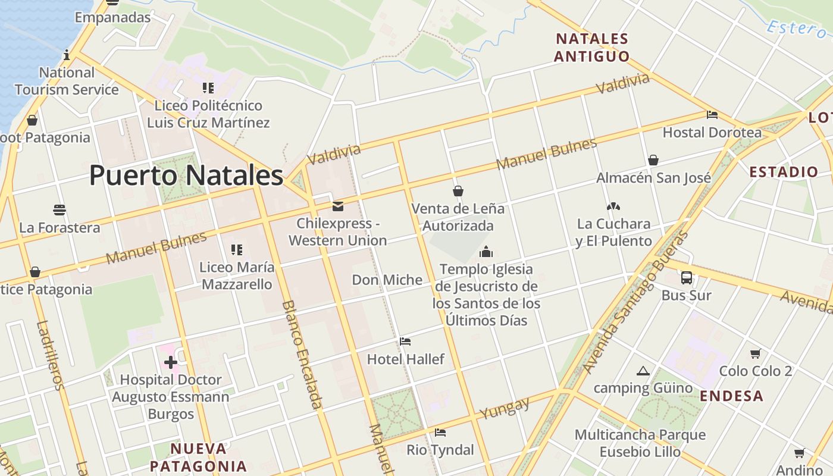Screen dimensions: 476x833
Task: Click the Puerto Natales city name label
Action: [186, 176]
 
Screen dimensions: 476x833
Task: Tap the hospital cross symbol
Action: [171, 362]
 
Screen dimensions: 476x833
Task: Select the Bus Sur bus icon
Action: [687, 277]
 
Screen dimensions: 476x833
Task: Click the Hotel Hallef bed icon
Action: [405, 342]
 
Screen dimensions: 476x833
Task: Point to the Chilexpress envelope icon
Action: [338, 206]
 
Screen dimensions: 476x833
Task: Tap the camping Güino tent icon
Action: [643, 371]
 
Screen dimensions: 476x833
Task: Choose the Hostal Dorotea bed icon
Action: [712, 115]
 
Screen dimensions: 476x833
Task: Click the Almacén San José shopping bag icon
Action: [653, 160]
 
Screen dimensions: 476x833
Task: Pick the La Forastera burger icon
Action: [59, 210]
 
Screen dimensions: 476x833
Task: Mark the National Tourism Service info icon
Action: [67, 55]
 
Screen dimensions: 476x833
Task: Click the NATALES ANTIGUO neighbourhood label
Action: [591, 48]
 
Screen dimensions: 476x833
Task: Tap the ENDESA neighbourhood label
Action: [731, 396]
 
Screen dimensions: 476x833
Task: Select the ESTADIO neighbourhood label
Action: [784, 173]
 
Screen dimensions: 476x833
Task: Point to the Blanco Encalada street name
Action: [302, 354]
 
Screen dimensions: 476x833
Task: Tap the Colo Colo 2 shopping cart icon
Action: [755, 354]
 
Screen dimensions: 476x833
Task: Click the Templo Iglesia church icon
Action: [486, 252]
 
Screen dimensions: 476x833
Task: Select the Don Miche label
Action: [387, 280]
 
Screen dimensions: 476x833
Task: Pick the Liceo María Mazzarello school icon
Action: [237, 250]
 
